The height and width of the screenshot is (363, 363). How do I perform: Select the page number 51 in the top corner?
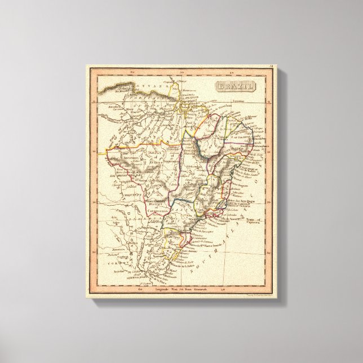[x=271, y=68]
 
